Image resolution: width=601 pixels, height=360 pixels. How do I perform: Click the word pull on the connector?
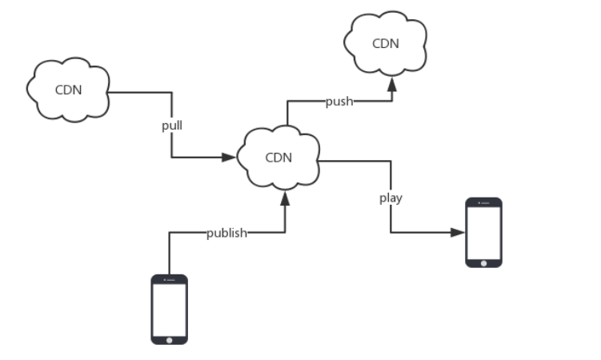(172, 126)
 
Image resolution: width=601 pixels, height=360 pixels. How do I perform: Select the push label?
(339, 102)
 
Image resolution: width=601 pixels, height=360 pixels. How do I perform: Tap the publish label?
(226, 233)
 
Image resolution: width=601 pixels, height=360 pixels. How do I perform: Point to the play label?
(391, 198)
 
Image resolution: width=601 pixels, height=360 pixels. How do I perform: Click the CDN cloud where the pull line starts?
(67, 89)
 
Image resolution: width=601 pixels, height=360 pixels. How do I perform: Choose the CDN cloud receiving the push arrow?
(385, 43)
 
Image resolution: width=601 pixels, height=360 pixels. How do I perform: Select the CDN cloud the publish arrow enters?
(278, 157)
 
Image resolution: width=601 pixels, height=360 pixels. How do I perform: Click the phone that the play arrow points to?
(484, 232)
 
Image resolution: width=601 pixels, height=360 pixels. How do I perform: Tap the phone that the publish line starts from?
(170, 309)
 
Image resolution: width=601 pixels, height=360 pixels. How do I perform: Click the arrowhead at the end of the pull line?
(232, 157)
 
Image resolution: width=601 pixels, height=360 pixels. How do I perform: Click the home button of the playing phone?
(484, 262)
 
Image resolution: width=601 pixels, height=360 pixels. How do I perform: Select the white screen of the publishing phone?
(170, 308)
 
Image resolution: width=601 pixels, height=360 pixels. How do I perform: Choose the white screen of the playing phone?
(484, 231)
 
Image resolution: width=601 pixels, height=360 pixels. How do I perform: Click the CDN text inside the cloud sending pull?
(67, 89)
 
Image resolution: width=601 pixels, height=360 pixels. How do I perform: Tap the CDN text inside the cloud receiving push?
(385, 43)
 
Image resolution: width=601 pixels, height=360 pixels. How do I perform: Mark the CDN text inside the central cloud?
(278, 157)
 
